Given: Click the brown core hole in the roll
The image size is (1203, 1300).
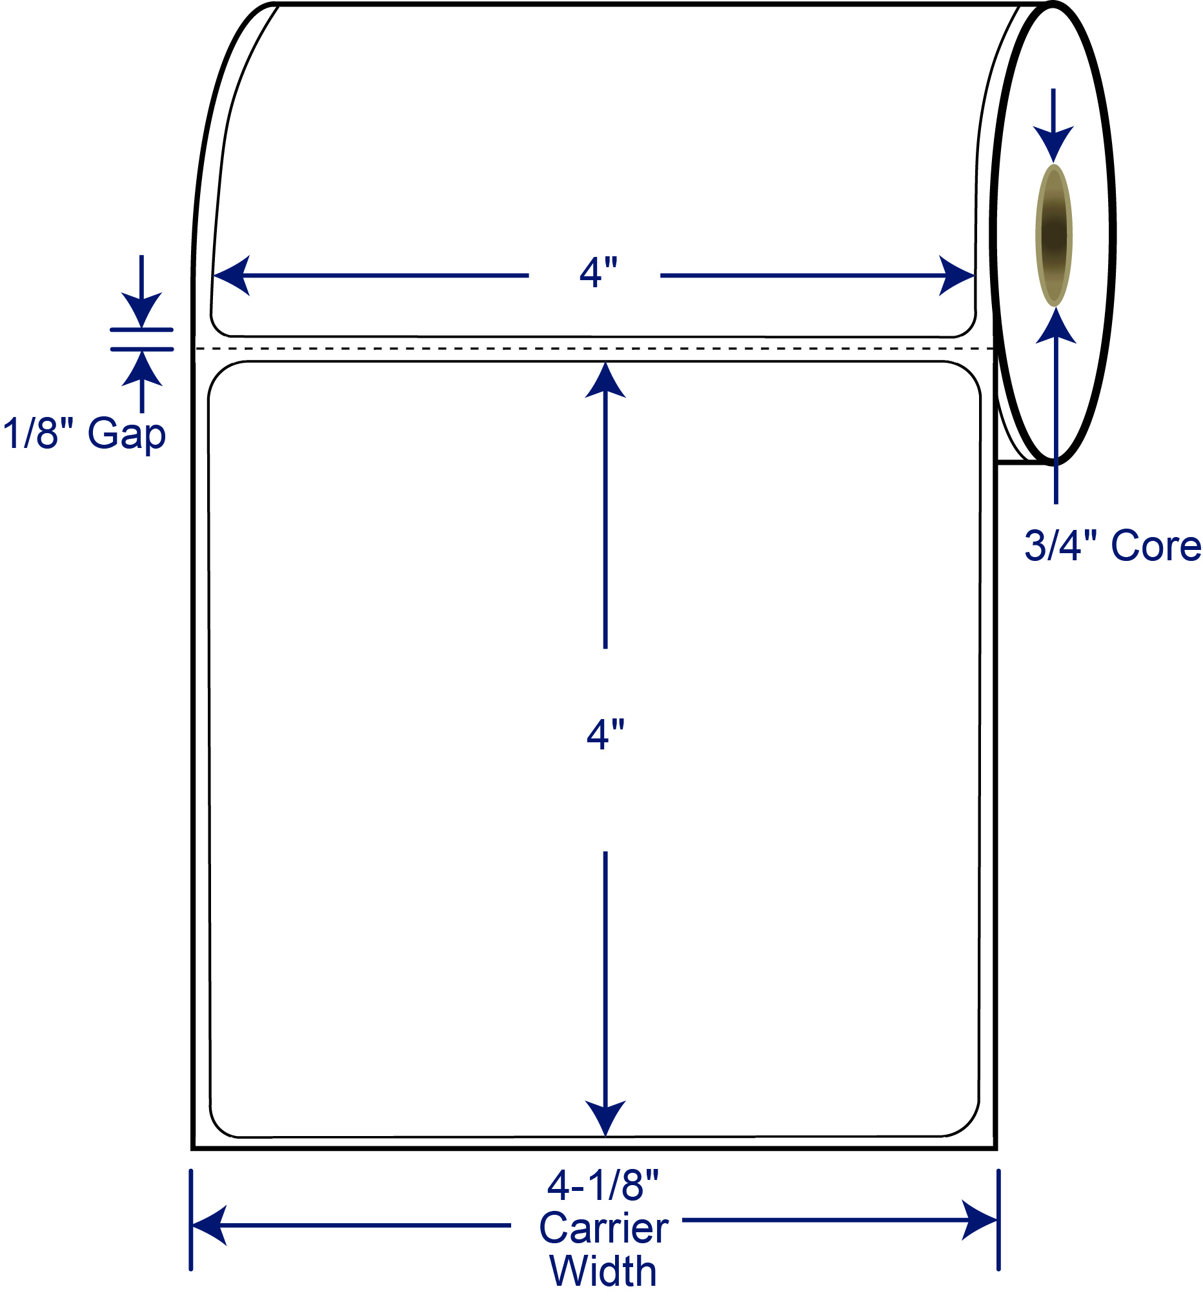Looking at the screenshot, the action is pos(1053,235).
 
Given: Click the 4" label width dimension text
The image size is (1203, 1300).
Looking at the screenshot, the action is pos(598,273).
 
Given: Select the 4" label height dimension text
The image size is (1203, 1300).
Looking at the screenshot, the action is pos(605,735).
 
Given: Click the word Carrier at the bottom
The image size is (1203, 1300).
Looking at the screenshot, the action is pos(603,1228).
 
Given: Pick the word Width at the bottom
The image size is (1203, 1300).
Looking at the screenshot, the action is pos(603,1271).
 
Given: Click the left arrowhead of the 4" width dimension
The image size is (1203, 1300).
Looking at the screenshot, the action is pos(232,276).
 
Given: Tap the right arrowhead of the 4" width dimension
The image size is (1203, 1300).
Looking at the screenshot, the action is pos(956,276).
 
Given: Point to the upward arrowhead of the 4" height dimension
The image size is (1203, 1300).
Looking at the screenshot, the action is pos(605,380).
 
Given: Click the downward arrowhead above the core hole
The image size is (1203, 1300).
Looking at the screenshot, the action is pos(1053,145).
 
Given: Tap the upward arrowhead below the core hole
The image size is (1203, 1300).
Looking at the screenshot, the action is pos(1056,325).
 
